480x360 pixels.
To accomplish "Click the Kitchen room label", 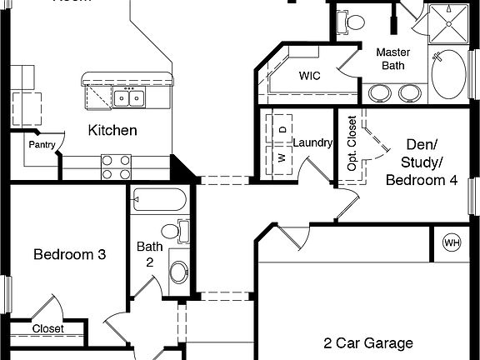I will tap(112, 130).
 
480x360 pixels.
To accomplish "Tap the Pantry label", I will tap(42, 144).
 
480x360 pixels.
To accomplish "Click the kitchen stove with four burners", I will tap(116, 167).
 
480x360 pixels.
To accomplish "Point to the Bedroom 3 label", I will tap(69, 255).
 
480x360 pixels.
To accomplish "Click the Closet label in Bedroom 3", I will tap(47, 329).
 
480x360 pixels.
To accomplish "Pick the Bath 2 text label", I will tap(150, 253).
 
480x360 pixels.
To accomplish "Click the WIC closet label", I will tap(310, 75).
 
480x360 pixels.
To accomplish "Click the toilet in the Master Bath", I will tap(353, 20).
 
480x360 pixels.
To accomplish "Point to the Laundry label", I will tap(312, 142).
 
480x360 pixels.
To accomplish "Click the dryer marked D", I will tap(282, 129).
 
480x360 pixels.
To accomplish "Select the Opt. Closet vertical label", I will tap(352, 143).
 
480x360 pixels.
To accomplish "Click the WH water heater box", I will tap(452, 243).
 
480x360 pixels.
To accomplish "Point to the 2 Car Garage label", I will tap(368, 342).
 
